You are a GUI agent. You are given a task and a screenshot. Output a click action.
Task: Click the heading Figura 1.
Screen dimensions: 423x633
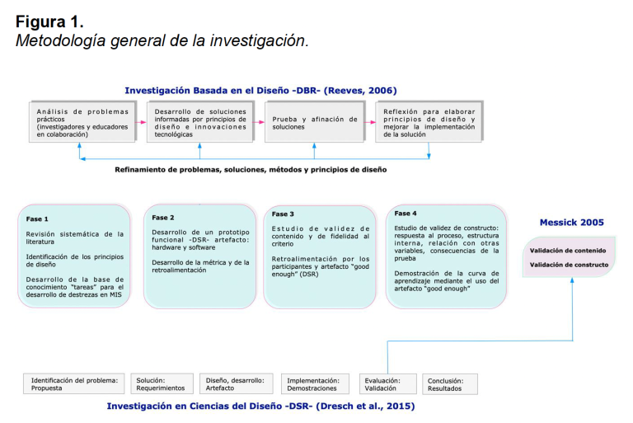[49, 21]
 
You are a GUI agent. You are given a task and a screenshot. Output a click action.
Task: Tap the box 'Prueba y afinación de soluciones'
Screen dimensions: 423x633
[315, 123]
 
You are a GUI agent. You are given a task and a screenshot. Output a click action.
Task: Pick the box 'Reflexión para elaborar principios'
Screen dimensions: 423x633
[429, 123]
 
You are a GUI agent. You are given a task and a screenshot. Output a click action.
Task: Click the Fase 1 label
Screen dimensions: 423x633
[37, 219]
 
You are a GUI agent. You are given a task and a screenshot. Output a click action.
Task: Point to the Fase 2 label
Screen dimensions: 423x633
[163, 218]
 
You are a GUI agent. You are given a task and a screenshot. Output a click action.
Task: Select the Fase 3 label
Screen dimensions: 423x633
[284, 214]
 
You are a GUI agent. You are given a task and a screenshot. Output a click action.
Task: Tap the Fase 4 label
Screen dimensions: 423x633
[406, 214]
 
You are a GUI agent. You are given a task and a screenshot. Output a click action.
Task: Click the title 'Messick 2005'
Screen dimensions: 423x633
[571, 223]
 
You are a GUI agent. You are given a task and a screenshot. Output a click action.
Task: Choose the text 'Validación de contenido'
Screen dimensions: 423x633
[568, 251]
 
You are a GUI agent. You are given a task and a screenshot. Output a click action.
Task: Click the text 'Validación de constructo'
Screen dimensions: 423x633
[569, 265]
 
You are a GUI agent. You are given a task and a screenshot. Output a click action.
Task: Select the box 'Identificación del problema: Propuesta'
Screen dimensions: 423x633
[75, 384]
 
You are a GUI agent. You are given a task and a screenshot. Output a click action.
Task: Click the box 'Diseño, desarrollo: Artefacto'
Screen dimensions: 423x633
[237, 384]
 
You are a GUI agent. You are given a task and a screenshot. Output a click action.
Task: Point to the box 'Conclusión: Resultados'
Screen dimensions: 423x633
[451, 384]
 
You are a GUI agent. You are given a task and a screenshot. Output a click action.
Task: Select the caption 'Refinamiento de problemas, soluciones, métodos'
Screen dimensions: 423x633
[251, 169]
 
